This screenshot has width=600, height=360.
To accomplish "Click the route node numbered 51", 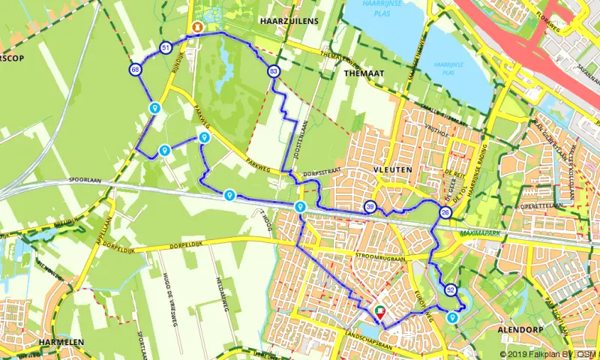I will (166, 49).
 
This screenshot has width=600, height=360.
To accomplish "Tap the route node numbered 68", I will (135, 70).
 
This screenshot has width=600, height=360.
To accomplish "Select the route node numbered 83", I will (273, 71).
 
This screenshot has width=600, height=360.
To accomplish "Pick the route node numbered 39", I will (370, 207).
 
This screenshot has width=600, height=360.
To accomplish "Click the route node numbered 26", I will (445, 214).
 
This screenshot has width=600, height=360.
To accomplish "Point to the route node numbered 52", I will (450, 289).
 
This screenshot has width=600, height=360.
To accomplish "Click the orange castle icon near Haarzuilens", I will (196, 28).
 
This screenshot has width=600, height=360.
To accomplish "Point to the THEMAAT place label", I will (361, 75).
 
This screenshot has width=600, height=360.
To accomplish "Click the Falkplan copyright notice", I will (548, 355).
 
